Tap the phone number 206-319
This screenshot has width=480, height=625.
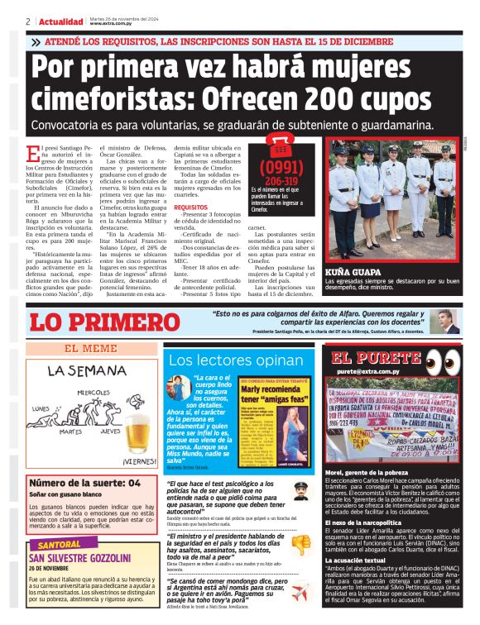(281, 181)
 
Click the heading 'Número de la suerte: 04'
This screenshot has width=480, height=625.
(84, 483)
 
